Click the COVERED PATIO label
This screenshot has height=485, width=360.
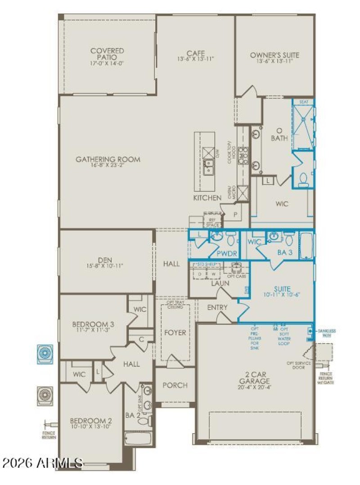click(x=107, y=54)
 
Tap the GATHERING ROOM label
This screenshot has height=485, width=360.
click(x=108, y=159)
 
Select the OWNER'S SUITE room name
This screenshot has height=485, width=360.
click(x=274, y=55)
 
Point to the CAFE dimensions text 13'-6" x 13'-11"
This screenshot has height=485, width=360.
click(x=196, y=59)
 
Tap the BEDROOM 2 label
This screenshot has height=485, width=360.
click(x=91, y=421)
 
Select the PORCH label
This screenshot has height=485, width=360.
click(x=175, y=385)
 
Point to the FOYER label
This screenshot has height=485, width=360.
click(x=175, y=333)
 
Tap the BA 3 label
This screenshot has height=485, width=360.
click(x=285, y=253)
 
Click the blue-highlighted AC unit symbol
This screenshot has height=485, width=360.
click(x=45, y=353)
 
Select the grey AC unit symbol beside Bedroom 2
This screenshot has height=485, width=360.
click(x=45, y=395)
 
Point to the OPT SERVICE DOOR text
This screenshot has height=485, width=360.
click(x=296, y=365)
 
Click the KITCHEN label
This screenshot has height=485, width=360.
click(x=207, y=198)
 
